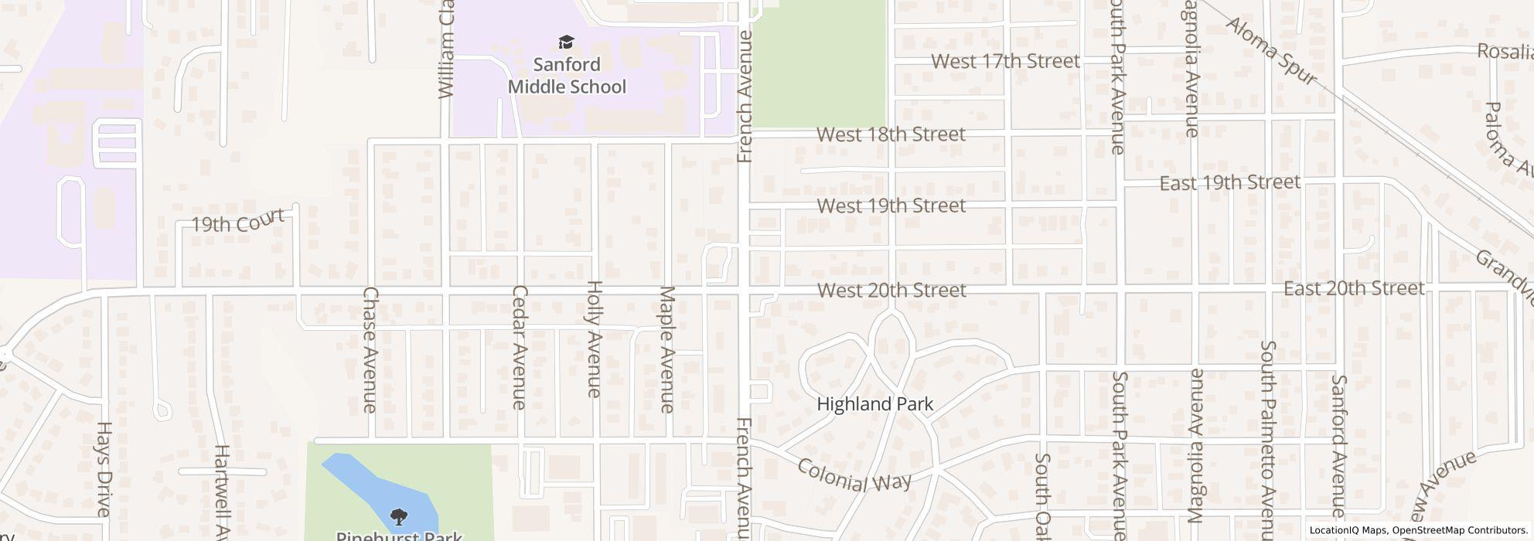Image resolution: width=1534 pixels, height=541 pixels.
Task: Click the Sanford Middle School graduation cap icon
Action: [567, 42]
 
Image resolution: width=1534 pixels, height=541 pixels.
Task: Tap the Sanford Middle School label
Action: [567, 75]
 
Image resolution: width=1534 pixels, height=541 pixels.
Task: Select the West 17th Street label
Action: [1005, 61]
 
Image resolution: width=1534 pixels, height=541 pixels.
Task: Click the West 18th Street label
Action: [891, 134]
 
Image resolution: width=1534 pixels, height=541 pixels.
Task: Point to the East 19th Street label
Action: [1229, 183]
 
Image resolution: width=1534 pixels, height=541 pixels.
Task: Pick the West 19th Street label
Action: [891, 206]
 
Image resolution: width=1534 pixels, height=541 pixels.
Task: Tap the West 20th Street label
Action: [891, 291]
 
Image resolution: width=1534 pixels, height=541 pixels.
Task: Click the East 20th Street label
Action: [1353, 289]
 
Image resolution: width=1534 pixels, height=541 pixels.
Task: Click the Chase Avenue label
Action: [370, 349]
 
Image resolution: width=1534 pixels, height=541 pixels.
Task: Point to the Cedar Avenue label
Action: [519, 347]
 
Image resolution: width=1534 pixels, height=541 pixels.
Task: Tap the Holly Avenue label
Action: [594, 339]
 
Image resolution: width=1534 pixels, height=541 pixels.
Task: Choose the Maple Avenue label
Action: [667, 349]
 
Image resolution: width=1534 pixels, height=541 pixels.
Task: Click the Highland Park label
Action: [874, 404]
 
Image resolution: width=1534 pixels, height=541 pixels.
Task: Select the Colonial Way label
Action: [854, 476]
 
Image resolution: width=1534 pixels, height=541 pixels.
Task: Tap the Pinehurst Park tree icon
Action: [399, 516]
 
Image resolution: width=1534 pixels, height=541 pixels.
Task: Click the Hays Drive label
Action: [104, 468]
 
